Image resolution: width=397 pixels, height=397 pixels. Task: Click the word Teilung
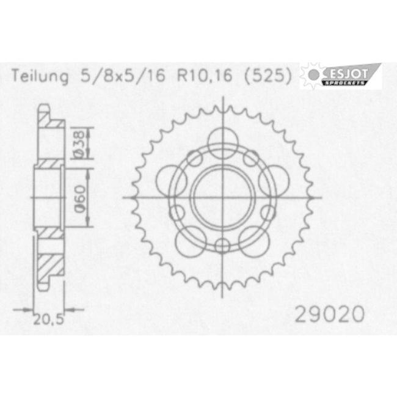click(x=40, y=76)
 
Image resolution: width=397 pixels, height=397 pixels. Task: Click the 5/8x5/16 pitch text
click(x=123, y=76)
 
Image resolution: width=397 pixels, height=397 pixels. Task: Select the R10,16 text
click(x=205, y=76)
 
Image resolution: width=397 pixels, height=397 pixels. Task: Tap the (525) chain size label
click(x=268, y=76)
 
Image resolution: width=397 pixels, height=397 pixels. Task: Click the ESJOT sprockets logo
click(x=341, y=76)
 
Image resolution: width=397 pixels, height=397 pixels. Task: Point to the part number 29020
click(x=330, y=314)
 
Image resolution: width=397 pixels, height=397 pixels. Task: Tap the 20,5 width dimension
click(x=48, y=319)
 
